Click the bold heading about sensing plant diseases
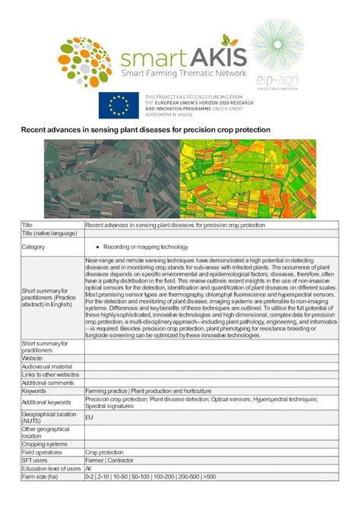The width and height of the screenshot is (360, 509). tap(145, 130)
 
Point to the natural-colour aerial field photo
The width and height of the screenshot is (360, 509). tap(111, 179)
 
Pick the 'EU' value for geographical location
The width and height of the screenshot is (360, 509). tap(90, 417)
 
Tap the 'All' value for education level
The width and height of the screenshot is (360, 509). tap(89, 469)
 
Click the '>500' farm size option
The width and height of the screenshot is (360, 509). tap(209, 477)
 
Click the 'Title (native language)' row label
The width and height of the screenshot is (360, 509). tap(49, 233)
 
